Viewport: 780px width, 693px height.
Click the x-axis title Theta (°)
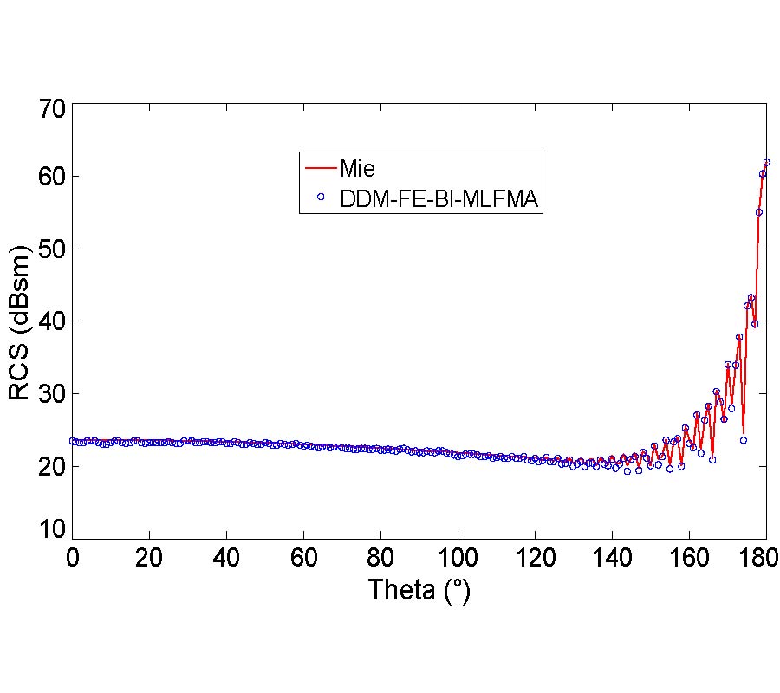[x=419, y=591]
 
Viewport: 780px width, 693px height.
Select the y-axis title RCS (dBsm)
[x=21, y=322]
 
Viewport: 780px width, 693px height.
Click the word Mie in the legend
[x=357, y=167]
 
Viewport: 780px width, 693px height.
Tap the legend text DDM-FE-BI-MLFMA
[x=439, y=199]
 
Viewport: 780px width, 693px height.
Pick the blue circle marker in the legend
[x=321, y=198]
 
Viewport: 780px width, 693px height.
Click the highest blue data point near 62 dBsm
[x=766, y=162]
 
